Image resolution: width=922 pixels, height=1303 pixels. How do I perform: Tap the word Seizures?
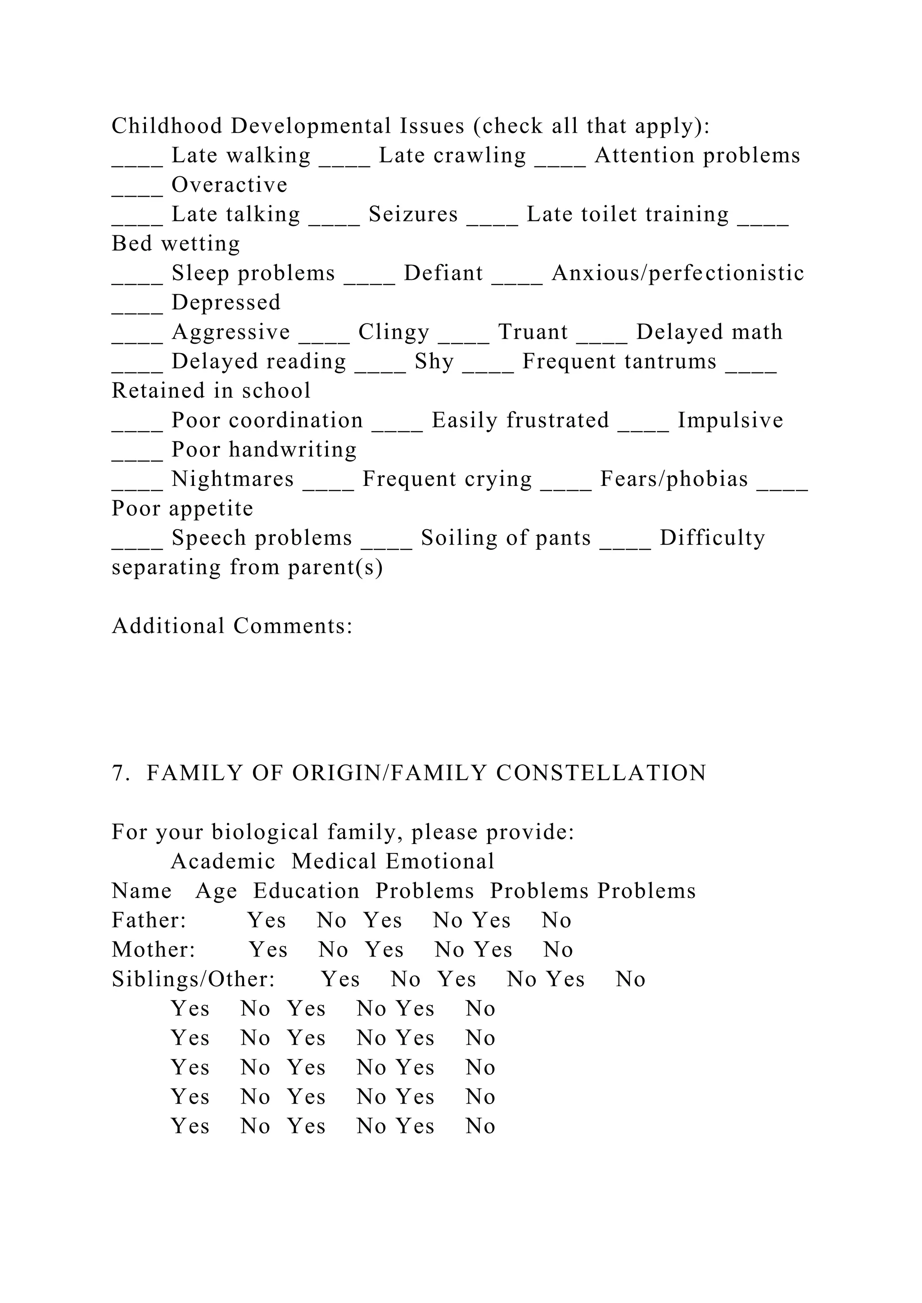tap(413, 215)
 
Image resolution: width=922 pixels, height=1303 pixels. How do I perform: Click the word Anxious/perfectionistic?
tap(678, 274)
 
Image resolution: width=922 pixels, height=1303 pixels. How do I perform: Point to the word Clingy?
tap(394, 332)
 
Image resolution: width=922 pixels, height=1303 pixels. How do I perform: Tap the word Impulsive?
tap(730, 421)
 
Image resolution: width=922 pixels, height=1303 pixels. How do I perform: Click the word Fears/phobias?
tap(674, 480)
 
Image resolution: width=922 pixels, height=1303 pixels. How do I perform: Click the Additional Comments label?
tap(232, 627)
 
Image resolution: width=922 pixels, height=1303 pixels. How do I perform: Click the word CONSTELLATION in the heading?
tap(601, 773)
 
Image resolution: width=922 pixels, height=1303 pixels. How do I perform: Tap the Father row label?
tap(149, 921)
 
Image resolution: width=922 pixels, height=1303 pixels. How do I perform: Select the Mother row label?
tap(153, 950)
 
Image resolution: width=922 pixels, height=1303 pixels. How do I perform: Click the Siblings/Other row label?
tap(193, 979)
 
